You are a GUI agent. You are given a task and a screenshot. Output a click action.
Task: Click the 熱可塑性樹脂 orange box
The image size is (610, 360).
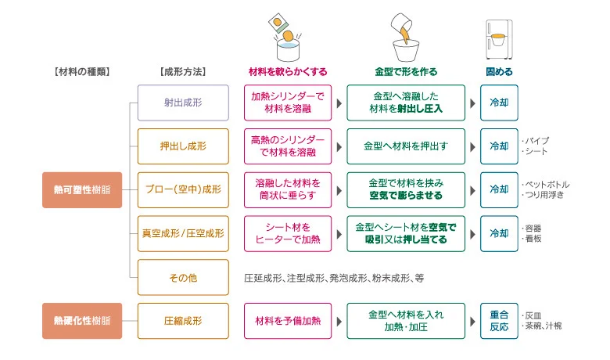click(x=82, y=189)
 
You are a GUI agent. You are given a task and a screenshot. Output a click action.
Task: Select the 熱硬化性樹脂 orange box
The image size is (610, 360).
click(x=82, y=320)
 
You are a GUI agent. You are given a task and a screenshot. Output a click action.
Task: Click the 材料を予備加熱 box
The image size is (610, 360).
click(x=288, y=320)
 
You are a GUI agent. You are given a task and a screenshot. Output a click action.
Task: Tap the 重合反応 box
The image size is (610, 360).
click(x=498, y=320)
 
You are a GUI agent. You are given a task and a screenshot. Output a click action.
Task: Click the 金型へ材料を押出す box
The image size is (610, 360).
click(x=406, y=146)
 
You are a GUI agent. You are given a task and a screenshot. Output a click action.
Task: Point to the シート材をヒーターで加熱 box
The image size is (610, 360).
click(x=288, y=233)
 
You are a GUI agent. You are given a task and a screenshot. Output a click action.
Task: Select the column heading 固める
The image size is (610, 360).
click(x=498, y=71)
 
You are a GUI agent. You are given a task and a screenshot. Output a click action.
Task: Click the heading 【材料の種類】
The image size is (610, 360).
click(x=82, y=71)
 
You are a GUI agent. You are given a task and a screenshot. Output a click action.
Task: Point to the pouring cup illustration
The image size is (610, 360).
click(x=407, y=35)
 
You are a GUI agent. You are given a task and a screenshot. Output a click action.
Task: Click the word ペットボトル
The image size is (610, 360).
click(x=543, y=184)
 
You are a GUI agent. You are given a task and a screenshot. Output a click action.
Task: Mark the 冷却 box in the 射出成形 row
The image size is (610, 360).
click(x=498, y=103)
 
